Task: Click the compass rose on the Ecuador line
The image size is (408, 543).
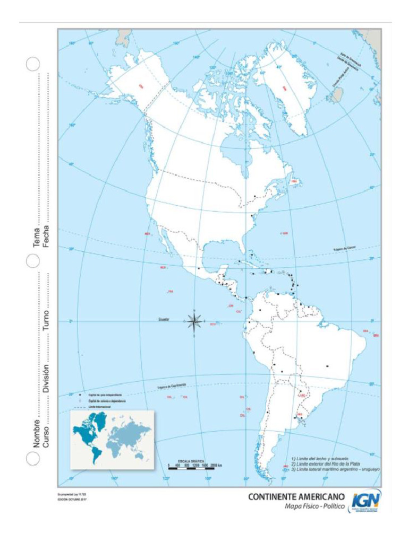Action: [194, 321]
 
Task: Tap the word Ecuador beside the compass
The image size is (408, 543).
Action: [163, 319]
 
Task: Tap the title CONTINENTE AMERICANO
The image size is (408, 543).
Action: [295, 497]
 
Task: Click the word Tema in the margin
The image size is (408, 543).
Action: [37, 238]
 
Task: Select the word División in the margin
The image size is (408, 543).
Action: [46, 379]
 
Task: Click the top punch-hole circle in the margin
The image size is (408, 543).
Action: [32, 64]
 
